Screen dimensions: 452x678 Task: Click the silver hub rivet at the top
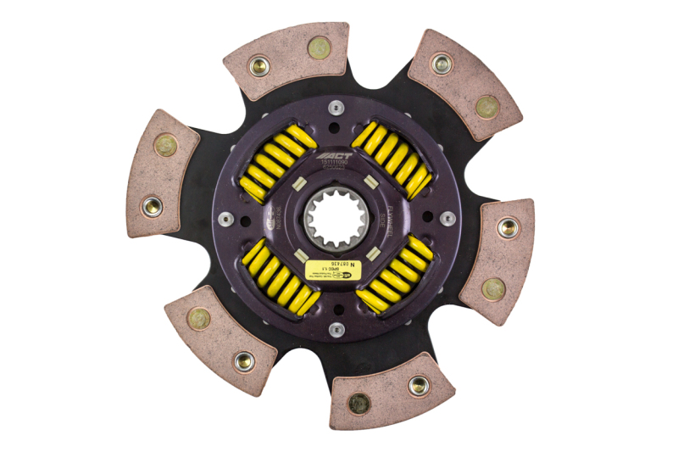pos(336,107)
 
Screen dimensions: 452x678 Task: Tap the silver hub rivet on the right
pos(448,218)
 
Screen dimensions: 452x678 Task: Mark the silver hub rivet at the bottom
pos(336,329)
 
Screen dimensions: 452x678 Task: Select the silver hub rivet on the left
pos(225,219)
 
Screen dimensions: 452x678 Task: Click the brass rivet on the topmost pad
pos(319,47)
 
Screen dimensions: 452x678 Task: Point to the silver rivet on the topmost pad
pos(258,64)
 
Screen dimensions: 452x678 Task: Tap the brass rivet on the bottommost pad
pos(358,403)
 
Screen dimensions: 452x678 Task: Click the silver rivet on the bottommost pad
pos(418,386)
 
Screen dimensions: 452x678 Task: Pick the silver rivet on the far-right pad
pos(507,227)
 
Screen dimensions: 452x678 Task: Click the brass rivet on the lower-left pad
pos(199,318)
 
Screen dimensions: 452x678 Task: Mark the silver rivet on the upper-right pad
pos(442,63)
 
